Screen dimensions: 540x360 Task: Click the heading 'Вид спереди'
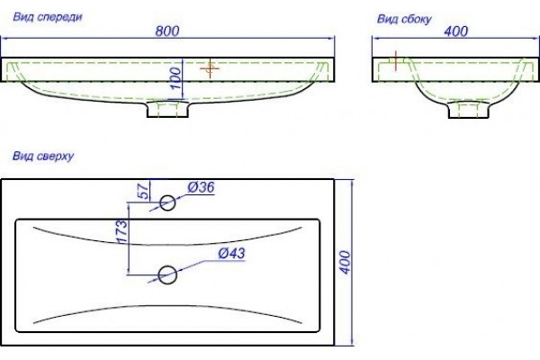click(48, 17)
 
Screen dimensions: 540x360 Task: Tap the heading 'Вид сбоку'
click(404, 19)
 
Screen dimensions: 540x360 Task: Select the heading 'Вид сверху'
click(43, 156)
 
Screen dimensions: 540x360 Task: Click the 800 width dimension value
click(167, 31)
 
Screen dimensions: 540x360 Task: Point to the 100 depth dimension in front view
click(175, 78)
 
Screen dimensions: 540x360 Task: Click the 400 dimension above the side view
click(456, 31)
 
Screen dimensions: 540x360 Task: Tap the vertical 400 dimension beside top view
click(345, 263)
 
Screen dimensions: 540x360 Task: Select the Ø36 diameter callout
click(201, 187)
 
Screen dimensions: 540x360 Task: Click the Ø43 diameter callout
click(232, 254)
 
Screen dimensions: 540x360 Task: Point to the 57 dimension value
click(144, 191)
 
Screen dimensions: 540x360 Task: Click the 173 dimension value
click(121, 231)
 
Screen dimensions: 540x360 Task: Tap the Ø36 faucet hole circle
click(167, 202)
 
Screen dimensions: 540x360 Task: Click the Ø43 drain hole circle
click(167, 274)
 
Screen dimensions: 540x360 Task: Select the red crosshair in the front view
click(210, 68)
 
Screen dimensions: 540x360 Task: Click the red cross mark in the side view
click(396, 61)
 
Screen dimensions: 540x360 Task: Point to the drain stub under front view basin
click(167, 109)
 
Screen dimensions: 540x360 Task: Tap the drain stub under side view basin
click(469, 110)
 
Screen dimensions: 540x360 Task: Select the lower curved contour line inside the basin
click(167, 306)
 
